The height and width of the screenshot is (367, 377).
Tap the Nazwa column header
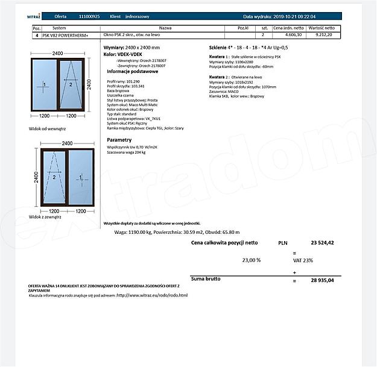165,28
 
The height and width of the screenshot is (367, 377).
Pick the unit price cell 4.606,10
287,36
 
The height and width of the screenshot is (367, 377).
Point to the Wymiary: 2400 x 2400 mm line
132,46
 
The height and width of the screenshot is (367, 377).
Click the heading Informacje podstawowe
133,71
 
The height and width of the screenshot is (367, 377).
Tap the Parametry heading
119,139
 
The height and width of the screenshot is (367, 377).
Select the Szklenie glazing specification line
249,46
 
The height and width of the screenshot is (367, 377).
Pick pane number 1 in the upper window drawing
44,84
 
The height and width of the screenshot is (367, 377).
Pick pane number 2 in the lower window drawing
54,177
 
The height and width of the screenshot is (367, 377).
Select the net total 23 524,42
322,242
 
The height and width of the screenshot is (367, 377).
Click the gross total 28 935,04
322,280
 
